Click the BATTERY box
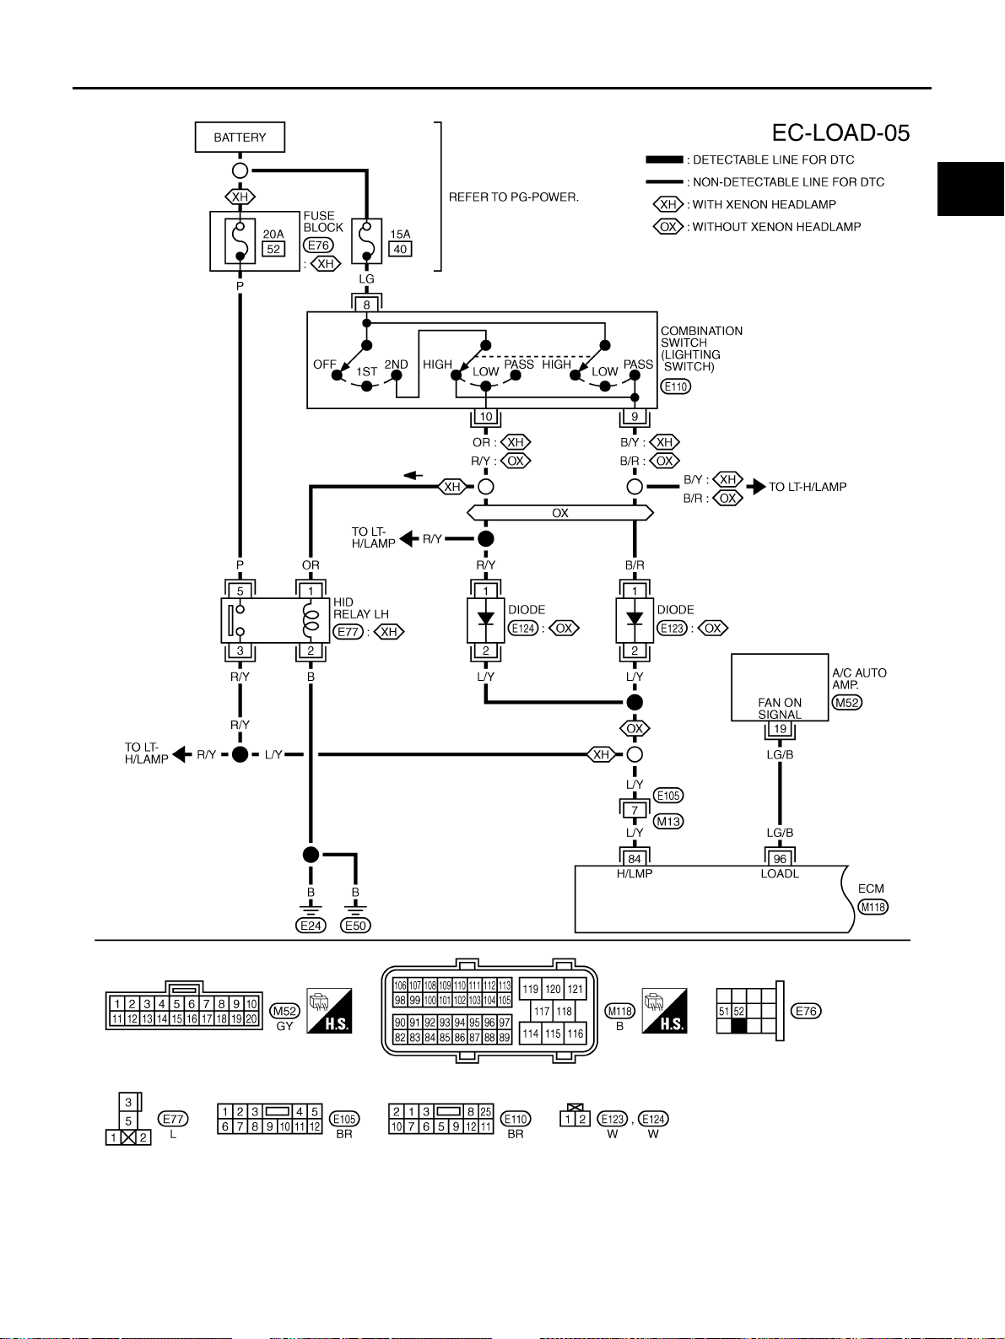tap(240, 138)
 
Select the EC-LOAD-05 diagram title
tap(840, 133)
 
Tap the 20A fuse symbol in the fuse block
tap(240, 241)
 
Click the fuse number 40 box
tap(400, 249)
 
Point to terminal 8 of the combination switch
tap(366, 305)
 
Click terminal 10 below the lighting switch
tap(486, 417)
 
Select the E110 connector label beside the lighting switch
tap(676, 386)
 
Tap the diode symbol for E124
tap(486, 619)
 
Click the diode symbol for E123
tap(635, 619)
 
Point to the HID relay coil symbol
tap(311, 620)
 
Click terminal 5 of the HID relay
tap(240, 591)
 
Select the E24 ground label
tap(311, 926)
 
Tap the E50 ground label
tap(355, 926)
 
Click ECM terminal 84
tap(635, 859)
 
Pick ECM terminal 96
tap(780, 859)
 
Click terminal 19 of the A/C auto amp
tap(780, 728)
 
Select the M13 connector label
tap(668, 822)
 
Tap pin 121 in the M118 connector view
tap(575, 989)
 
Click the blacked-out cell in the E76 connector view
tap(738, 1026)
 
